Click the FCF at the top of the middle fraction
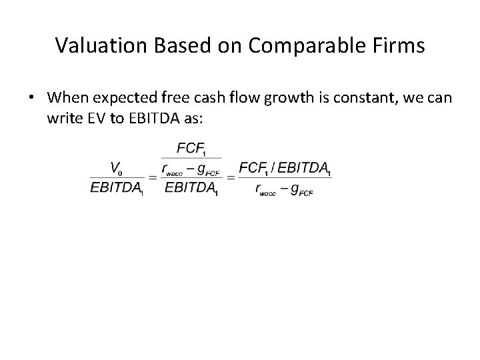point(190,149)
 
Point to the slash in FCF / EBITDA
point(273,168)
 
